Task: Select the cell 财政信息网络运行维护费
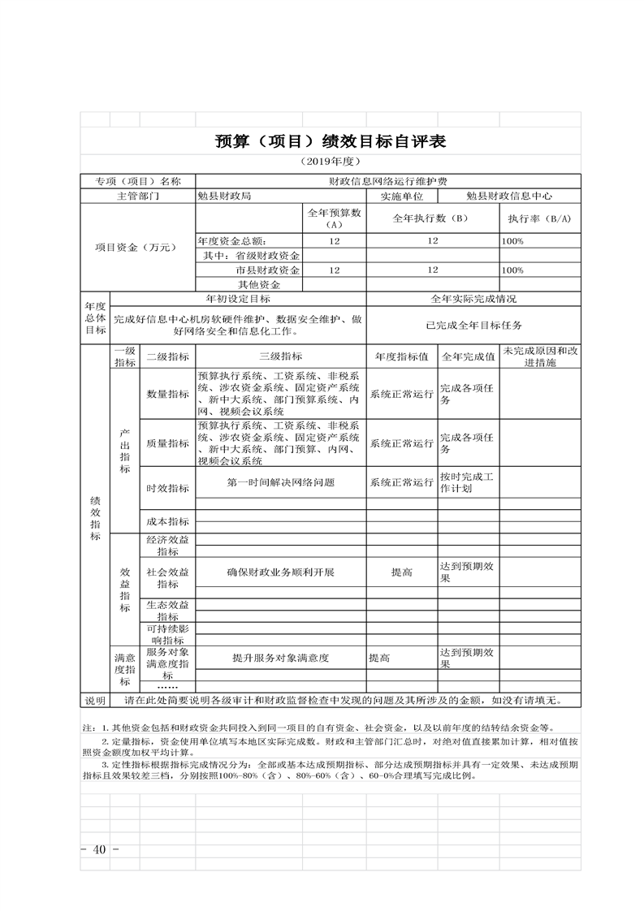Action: pos(387,181)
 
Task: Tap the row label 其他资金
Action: pos(258,285)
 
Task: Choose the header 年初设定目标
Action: pos(238,300)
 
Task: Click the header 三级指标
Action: pos(280,356)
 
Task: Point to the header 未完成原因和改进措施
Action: pos(540,356)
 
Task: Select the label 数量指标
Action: pos(167,395)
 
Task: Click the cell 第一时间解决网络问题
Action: pos(280,482)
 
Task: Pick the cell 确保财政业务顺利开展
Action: pos(280,572)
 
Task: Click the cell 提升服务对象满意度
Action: pos(280,658)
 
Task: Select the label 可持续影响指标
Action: pos(167,634)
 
